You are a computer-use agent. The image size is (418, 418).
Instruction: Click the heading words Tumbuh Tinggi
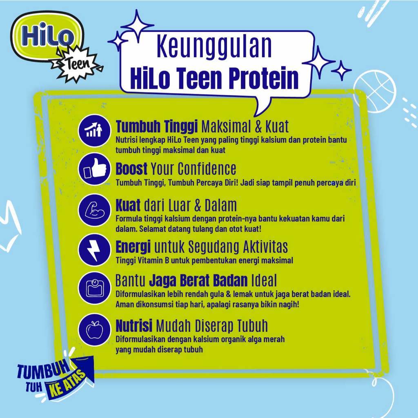(157, 127)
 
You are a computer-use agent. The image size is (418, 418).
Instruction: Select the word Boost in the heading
(131, 168)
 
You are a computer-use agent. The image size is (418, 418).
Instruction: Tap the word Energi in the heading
(133, 247)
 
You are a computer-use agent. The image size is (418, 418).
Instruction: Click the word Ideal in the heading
(264, 280)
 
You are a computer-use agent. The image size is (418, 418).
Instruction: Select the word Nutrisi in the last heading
(134, 326)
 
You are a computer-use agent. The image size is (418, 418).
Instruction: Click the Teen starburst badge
(76, 63)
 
